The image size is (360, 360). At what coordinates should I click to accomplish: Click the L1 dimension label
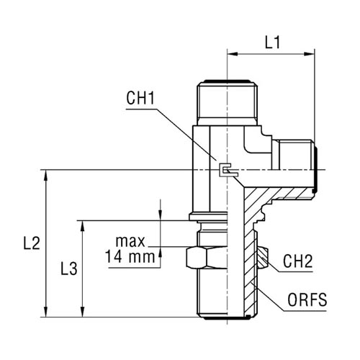point(272,43)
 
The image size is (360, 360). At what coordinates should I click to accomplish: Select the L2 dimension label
point(32,243)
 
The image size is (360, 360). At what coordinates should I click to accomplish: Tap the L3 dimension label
point(69,269)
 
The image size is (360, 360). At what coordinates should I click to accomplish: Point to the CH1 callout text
point(140,98)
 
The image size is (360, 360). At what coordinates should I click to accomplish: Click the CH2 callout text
point(297,261)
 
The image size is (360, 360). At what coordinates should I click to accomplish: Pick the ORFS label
point(307,300)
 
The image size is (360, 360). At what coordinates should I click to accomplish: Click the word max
point(130,241)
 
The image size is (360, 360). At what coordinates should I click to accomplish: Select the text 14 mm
point(130,256)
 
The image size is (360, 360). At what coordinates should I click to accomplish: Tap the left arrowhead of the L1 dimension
point(233,54)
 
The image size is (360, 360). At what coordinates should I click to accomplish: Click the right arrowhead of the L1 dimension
point(309,54)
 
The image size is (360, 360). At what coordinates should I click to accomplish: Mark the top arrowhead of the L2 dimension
point(46,175)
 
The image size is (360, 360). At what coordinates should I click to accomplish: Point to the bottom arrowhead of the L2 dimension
point(46,312)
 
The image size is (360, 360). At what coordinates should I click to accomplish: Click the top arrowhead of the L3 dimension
point(83,226)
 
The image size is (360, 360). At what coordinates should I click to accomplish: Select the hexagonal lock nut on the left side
point(207,258)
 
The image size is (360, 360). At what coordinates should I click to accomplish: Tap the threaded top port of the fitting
point(227,103)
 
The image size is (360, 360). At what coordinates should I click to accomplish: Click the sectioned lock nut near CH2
point(263,258)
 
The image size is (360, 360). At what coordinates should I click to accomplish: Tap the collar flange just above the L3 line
point(208,217)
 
